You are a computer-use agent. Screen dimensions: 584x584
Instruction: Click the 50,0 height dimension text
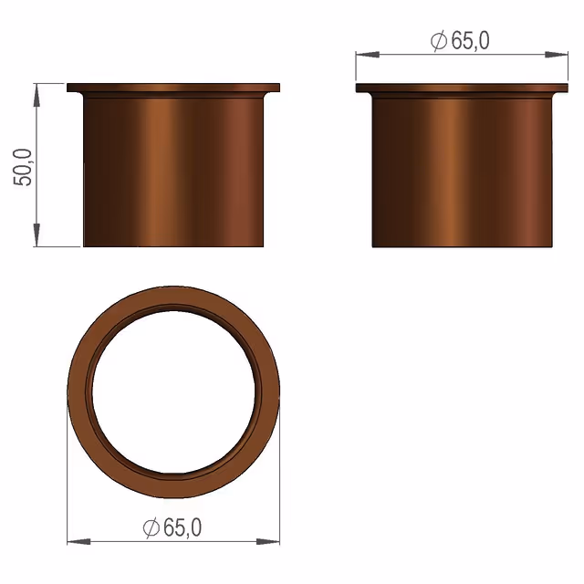[23, 168]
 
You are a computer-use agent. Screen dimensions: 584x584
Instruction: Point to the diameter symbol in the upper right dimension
[439, 41]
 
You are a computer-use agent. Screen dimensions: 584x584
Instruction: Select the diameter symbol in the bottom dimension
[151, 527]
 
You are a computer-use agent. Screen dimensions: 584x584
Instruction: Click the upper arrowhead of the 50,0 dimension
[36, 95]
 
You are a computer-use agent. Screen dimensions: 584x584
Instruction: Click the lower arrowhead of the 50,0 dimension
[36, 235]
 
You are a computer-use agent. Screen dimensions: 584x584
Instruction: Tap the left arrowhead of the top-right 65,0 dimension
[368, 55]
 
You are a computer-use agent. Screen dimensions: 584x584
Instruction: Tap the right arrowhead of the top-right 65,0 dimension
[557, 55]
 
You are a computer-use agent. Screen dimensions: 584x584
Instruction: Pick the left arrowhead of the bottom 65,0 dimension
[78, 541]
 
